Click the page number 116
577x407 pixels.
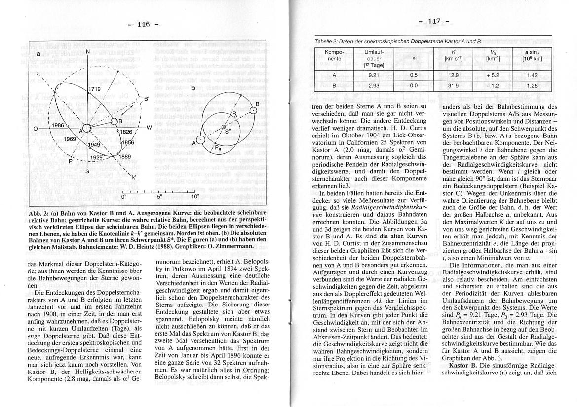coord(143,24)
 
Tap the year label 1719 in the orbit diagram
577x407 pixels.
coord(95,89)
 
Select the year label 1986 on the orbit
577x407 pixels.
coord(58,126)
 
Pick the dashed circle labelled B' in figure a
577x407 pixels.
coord(139,100)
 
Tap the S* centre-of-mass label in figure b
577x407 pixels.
coord(228,132)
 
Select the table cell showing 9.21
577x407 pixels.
coord(374,75)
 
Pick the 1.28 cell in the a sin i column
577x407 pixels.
coord(532,85)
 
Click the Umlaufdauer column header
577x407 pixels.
coord(374,58)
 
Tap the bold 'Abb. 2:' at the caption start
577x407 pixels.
coord(40,213)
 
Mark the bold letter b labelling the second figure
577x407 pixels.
coord(193,88)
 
